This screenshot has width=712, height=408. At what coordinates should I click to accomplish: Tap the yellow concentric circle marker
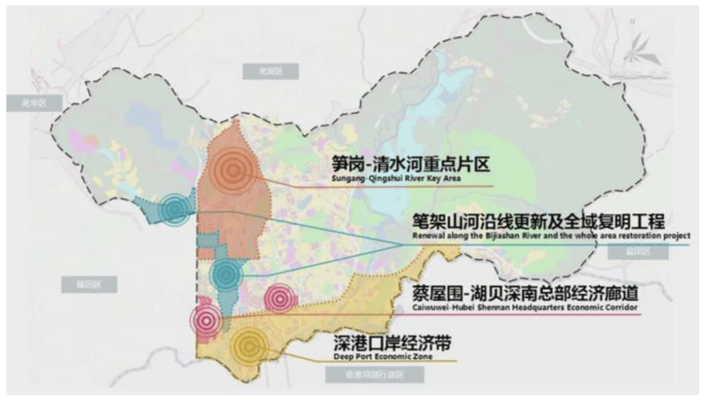(249, 345)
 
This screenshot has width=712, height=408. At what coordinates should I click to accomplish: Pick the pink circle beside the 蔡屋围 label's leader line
(280, 298)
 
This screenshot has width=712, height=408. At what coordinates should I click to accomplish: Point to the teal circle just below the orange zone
(226, 274)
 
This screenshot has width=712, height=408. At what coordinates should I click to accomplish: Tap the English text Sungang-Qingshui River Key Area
(394, 179)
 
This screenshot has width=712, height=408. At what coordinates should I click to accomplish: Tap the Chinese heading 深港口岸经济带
(389, 345)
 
